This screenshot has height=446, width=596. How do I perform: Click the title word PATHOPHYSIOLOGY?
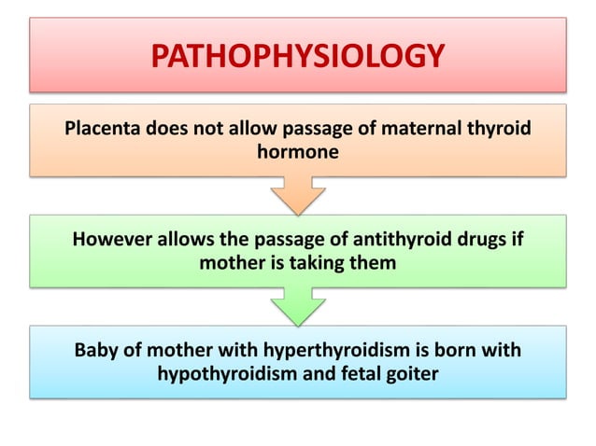pyautogui.click(x=297, y=56)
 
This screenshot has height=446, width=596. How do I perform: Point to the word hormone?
pyautogui.click(x=298, y=151)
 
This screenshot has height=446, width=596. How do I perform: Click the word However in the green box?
pyautogui.click(x=113, y=240)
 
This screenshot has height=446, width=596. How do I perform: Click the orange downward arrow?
pyautogui.click(x=298, y=197)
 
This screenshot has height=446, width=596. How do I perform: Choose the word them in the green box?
pyautogui.click(x=375, y=263)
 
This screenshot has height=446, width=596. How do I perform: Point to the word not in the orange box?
pyautogui.click(x=199, y=128)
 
